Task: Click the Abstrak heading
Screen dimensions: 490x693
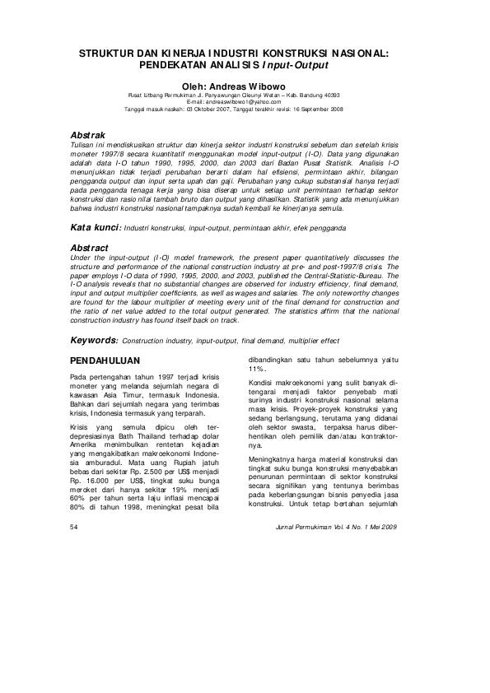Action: pos(88,133)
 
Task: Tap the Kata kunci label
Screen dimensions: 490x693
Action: pos(96,202)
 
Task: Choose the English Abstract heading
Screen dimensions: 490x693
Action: pos(91,224)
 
